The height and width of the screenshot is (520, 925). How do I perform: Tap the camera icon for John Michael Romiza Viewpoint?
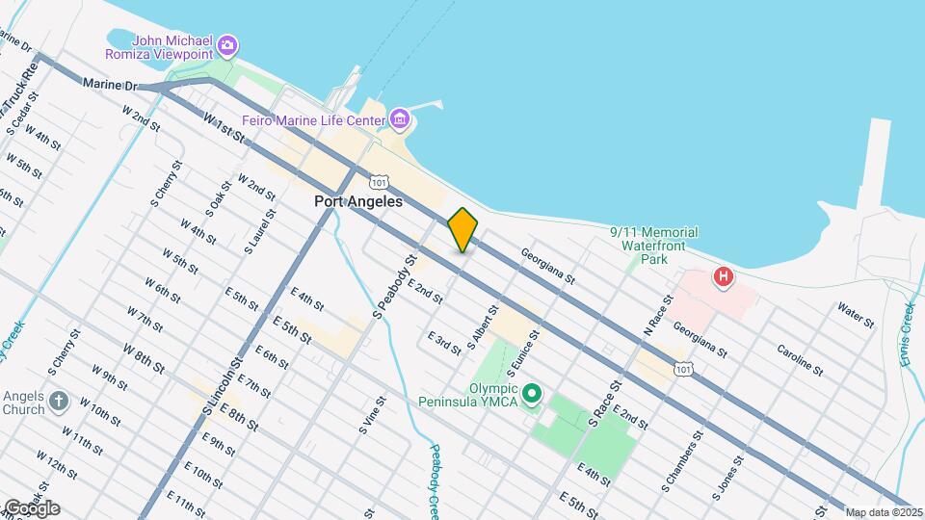coord(227,44)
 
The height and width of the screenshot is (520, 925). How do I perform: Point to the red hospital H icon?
coord(723,278)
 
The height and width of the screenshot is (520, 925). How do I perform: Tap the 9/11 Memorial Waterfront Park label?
coord(654,246)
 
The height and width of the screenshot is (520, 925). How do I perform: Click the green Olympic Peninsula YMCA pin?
coord(531,393)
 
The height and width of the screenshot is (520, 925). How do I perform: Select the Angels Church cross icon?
coord(59,402)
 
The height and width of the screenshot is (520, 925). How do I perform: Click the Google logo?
coord(31,507)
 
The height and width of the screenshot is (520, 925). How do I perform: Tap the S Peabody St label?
coord(395,286)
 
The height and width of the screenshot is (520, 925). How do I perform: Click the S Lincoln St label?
coord(220,385)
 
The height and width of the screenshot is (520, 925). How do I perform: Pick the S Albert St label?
coord(482,327)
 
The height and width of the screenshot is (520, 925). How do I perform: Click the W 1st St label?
coord(224,129)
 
